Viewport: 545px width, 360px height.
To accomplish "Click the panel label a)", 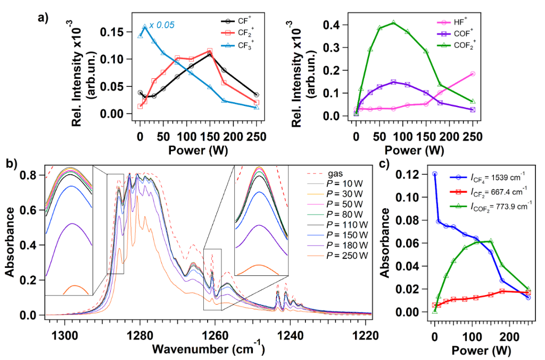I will [x=43, y=17].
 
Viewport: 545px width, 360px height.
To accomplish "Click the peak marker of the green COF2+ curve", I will [x=393, y=23].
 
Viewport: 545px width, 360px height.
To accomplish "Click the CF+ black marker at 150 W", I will [x=210, y=54].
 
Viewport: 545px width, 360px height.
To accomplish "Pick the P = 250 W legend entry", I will [x=346, y=255].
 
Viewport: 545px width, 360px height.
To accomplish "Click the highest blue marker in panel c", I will [x=435, y=174].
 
